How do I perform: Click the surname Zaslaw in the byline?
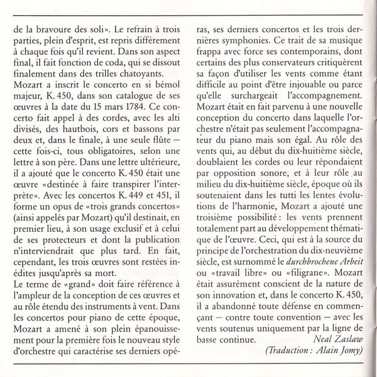coord(347,339)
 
